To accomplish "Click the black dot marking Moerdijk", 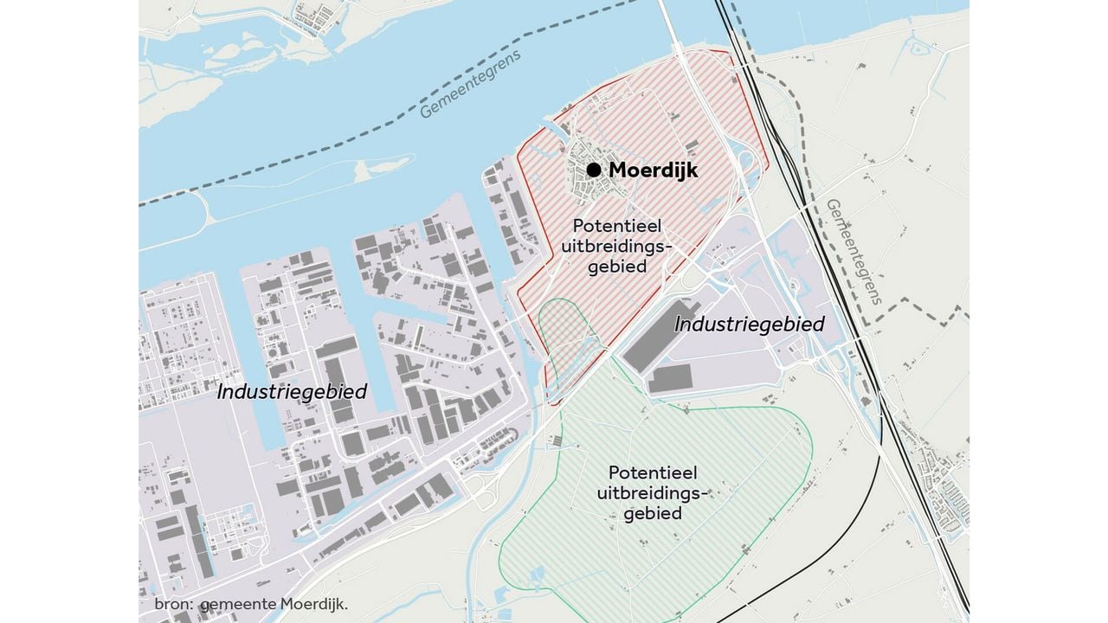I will [x=594, y=170].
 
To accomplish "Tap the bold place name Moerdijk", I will [x=653, y=170].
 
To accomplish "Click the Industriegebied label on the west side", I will [x=292, y=391].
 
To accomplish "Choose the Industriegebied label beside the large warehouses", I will [x=749, y=324].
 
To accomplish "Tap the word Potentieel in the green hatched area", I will [x=653, y=473].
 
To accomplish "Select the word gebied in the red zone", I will [x=617, y=267].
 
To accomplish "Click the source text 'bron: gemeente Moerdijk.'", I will [x=251, y=605].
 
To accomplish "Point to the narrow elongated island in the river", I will [x=381, y=169].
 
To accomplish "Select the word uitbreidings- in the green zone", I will [x=653, y=493].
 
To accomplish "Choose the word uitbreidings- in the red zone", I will [x=617, y=247].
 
